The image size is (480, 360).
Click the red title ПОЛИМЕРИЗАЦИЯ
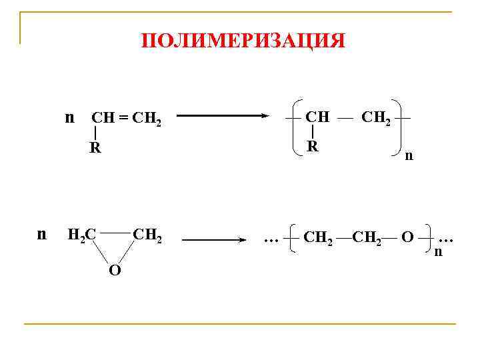(243, 41)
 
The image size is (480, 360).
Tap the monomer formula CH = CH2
(126, 119)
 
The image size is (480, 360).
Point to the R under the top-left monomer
(96, 148)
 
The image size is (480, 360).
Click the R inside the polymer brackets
(312, 146)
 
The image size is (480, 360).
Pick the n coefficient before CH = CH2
(69, 118)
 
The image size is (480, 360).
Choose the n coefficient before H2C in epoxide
(41, 234)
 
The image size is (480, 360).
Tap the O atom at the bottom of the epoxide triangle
(115, 271)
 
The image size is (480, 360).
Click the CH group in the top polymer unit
(317, 117)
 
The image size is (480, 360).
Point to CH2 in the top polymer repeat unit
(377, 118)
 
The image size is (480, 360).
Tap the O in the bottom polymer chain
(407, 237)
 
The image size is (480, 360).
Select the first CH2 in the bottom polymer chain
(317, 237)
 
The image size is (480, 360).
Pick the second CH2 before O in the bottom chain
(366, 237)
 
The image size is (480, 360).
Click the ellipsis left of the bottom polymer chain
(271, 237)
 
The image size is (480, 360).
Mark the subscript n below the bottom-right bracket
(438, 252)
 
